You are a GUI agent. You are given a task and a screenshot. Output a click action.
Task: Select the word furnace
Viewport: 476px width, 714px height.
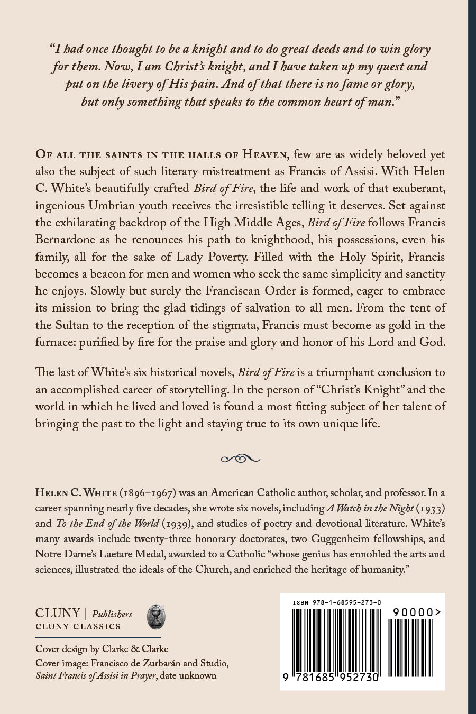click(55, 342)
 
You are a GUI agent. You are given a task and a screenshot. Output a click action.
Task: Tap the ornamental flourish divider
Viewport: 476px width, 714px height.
click(240, 458)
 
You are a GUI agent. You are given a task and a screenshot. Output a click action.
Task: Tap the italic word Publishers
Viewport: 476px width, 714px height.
click(112, 614)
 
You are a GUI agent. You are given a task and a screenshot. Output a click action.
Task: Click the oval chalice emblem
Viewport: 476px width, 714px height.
click(156, 617)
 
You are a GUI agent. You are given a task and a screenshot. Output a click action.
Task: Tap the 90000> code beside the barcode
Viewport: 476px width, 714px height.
click(417, 612)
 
